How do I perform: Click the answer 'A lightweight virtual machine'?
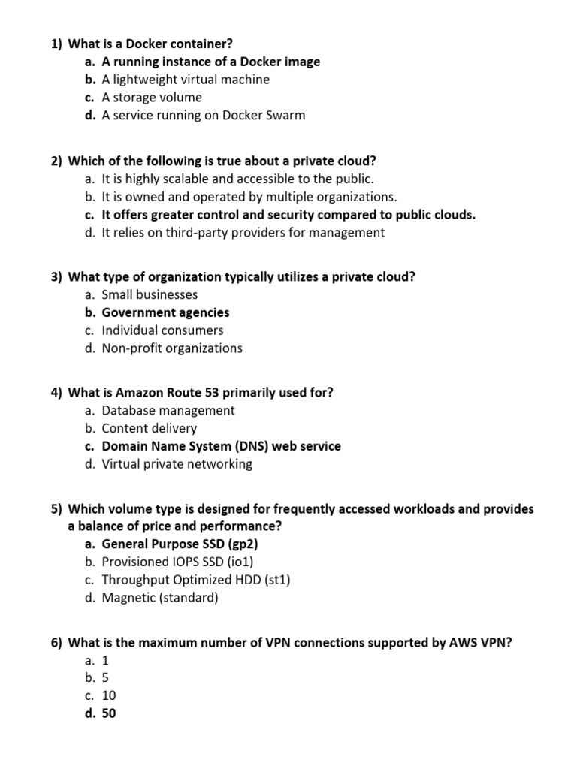click(x=186, y=80)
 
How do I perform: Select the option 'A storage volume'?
click(x=152, y=98)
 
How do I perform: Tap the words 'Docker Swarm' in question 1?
click(x=268, y=116)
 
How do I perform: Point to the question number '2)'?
click(x=57, y=161)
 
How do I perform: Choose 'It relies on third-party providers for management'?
click(x=243, y=233)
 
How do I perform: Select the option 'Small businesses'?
click(x=150, y=295)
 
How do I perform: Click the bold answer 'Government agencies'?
click(x=165, y=312)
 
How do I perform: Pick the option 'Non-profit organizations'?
click(x=172, y=348)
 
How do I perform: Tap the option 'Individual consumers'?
click(x=162, y=330)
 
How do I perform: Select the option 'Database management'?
click(x=168, y=410)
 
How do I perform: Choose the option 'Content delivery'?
click(x=149, y=428)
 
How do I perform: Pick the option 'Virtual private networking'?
click(x=177, y=464)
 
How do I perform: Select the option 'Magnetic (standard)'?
click(x=160, y=599)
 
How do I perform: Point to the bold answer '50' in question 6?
click(x=109, y=714)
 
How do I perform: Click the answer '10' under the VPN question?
click(x=109, y=696)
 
